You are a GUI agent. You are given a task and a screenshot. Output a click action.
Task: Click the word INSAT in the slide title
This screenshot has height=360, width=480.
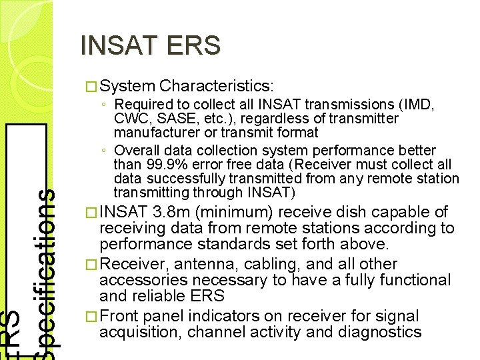click(x=118, y=45)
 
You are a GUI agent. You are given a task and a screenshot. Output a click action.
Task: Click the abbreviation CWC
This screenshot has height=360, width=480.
click(x=131, y=119)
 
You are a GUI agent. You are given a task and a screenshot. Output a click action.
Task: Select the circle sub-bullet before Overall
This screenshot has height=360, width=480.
click(x=106, y=151)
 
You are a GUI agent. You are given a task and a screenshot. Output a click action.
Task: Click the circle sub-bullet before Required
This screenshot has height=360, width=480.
click(x=106, y=105)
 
